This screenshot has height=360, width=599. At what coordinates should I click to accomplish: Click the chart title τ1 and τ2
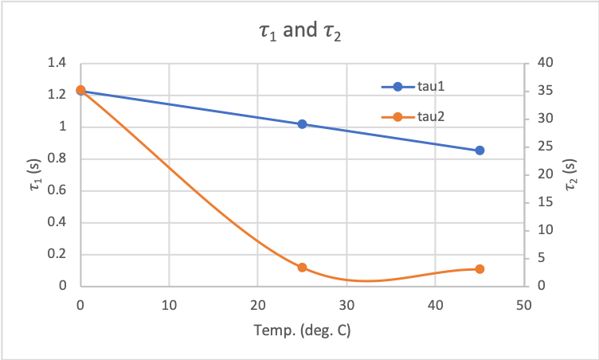click(299, 34)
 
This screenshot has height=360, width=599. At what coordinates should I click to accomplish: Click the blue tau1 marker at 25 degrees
click(302, 124)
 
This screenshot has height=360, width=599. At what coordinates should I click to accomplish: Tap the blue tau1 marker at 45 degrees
click(480, 151)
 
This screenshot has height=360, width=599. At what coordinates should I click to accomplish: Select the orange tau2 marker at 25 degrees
click(302, 268)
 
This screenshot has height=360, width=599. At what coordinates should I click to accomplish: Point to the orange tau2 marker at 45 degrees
click(480, 269)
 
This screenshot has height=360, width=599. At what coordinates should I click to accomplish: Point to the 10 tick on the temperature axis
click(169, 305)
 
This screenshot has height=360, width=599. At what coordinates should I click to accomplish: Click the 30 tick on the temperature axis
click(346, 305)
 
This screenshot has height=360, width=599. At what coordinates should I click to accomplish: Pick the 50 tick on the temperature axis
click(524, 305)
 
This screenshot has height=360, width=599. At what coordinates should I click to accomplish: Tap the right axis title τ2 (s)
click(570, 174)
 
